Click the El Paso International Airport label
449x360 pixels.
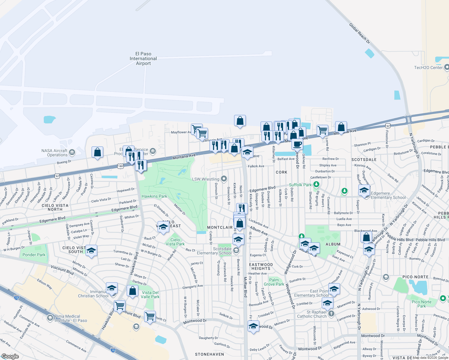[143, 58]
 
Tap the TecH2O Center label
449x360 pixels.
[428, 67]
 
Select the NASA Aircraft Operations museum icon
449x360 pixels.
[72, 152]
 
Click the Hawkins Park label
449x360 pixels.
[154, 196]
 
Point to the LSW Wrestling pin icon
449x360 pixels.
[224, 179]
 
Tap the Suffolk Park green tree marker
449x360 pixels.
[316, 184]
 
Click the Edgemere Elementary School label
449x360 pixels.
[388, 195]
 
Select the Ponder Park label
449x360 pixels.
[34, 255]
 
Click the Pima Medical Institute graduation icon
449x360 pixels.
[50, 317]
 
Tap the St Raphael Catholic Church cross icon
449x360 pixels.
[331, 314]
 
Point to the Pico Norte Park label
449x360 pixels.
[421, 304]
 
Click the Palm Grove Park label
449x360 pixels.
[274, 282]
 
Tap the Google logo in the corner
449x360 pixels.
[10, 356]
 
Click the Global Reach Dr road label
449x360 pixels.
[360, 33]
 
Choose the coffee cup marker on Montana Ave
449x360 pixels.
[297, 144]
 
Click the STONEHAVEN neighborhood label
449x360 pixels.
[209, 354]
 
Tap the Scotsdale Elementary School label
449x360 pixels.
[214, 251]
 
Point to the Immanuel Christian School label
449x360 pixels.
[93, 294]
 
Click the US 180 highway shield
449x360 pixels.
[120, 166]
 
